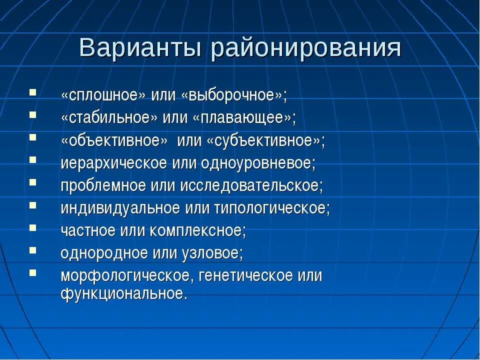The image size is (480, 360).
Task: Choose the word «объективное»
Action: coord(114,140)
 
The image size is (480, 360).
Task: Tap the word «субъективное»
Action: coord(263,140)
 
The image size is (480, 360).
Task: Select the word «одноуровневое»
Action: coord(259,163)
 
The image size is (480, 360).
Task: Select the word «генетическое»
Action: coord(245,275)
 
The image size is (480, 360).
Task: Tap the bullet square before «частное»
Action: coord(33,227)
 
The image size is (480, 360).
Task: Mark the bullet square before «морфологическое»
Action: coord(33,272)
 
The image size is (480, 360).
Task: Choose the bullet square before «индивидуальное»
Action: coord(33,205)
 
